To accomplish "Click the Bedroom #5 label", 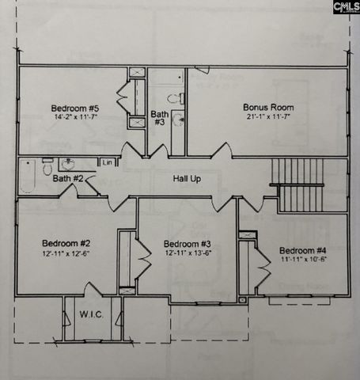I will tap(75, 108).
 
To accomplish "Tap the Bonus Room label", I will tap(268, 107).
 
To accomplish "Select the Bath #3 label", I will tap(159, 118).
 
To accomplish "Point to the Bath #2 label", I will tap(68, 179).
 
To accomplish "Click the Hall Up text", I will tap(187, 179).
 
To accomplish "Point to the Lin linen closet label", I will tap(106, 162).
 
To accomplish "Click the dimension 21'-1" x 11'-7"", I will tap(268, 117).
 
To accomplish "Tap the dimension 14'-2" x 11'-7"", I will tap(75, 118).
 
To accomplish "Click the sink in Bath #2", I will tap(67, 164).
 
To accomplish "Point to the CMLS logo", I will tap(346, 7).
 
